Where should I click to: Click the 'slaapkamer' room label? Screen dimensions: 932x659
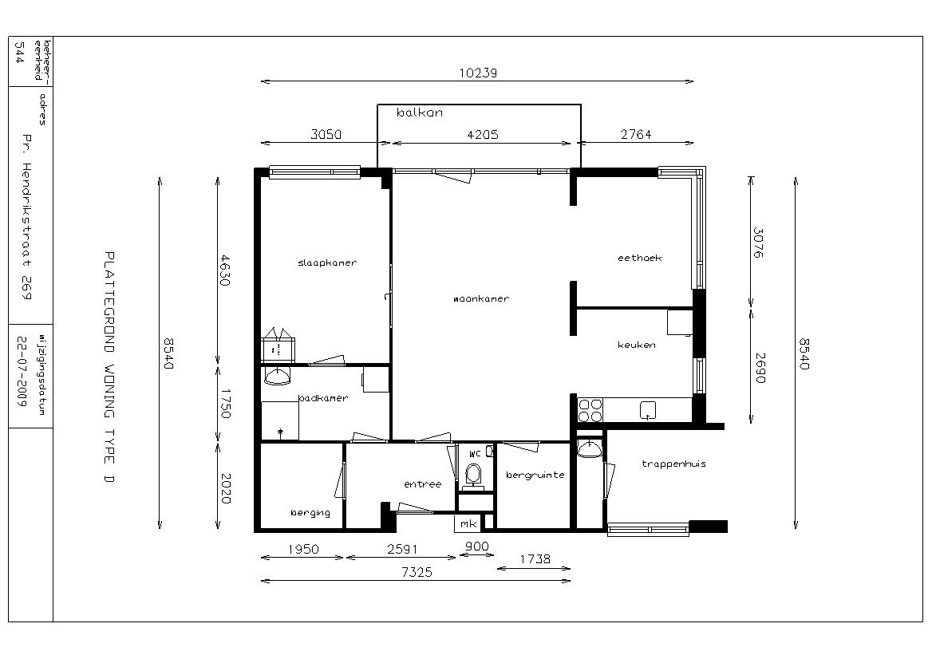click(x=327, y=262)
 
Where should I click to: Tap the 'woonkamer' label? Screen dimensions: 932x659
click(x=481, y=299)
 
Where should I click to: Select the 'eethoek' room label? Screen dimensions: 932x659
click(x=640, y=258)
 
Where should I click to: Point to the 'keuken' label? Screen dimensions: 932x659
click(x=637, y=345)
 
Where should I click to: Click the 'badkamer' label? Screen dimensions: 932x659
click(x=323, y=398)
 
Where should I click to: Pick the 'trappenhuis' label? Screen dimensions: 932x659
click(x=674, y=464)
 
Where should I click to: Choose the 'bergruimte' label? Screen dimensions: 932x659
click(x=535, y=475)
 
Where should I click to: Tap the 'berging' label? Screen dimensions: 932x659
click(x=310, y=512)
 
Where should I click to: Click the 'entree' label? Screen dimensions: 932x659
click(x=423, y=484)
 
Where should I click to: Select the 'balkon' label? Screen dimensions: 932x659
click(x=420, y=112)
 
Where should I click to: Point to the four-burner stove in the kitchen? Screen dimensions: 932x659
click(x=590, y=410)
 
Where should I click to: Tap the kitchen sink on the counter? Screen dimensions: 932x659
click(x=647, y=410)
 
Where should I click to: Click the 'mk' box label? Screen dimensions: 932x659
click(x=468, y=523)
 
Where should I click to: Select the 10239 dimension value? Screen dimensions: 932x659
click(x=478, y=73)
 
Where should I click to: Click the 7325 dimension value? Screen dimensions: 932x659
click(x=417, y=572)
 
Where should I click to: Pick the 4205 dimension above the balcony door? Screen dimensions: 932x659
click(x=483, y=135)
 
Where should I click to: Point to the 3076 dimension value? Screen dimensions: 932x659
click(x=758, y=243)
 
